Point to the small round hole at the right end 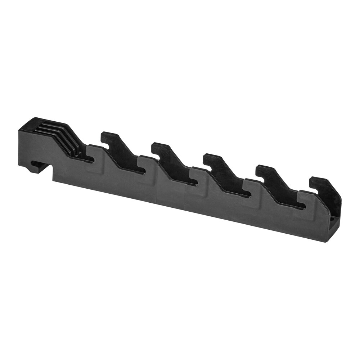(x=333, y=218)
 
